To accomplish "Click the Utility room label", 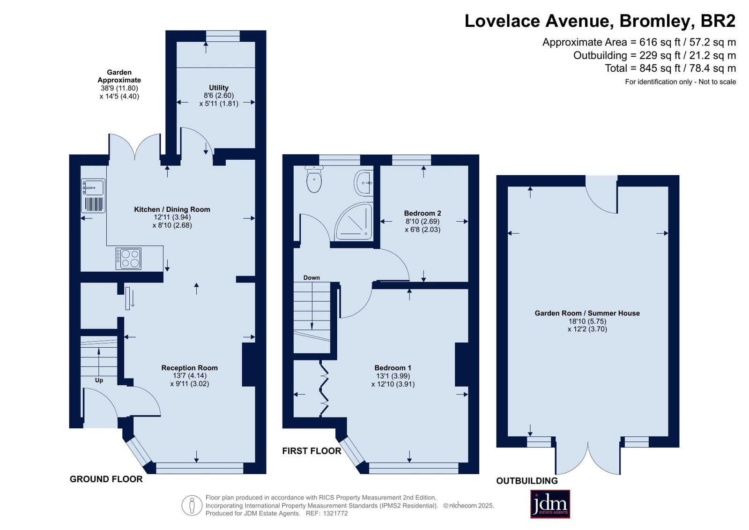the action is tap(219, 88).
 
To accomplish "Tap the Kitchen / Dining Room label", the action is tap(172, 209).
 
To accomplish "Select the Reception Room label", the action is tap(190, 368).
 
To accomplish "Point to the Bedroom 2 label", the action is tap(423, 213).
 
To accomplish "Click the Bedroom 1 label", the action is tap(393, 368).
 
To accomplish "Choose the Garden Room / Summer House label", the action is tap(587, 313).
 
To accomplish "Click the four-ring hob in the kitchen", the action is tap(128, 259).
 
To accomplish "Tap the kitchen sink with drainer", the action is tap(93, 196).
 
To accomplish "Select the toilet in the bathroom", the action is tap(314, 179).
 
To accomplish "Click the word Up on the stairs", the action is tap(99, 381).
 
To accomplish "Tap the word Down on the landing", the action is tap(311, 278).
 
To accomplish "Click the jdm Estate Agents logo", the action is tap(550, 504).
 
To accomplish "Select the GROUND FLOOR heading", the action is tap(106, 479).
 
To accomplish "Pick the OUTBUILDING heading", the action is tap(527, 481).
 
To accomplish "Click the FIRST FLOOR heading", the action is tap(311, 451).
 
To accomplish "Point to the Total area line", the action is tap(670, 68).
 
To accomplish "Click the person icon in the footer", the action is tap(192, 505).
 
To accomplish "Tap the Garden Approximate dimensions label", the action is tap(119, 84).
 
